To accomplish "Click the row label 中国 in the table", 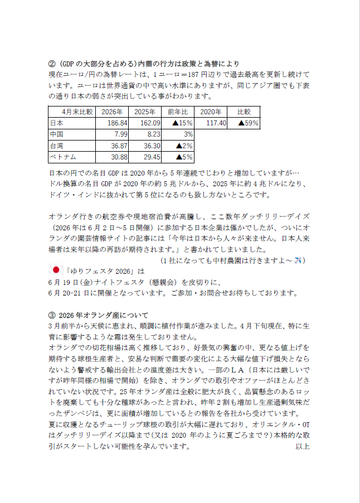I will click(x=56, y=134).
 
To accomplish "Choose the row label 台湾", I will click(x=56, y=146).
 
